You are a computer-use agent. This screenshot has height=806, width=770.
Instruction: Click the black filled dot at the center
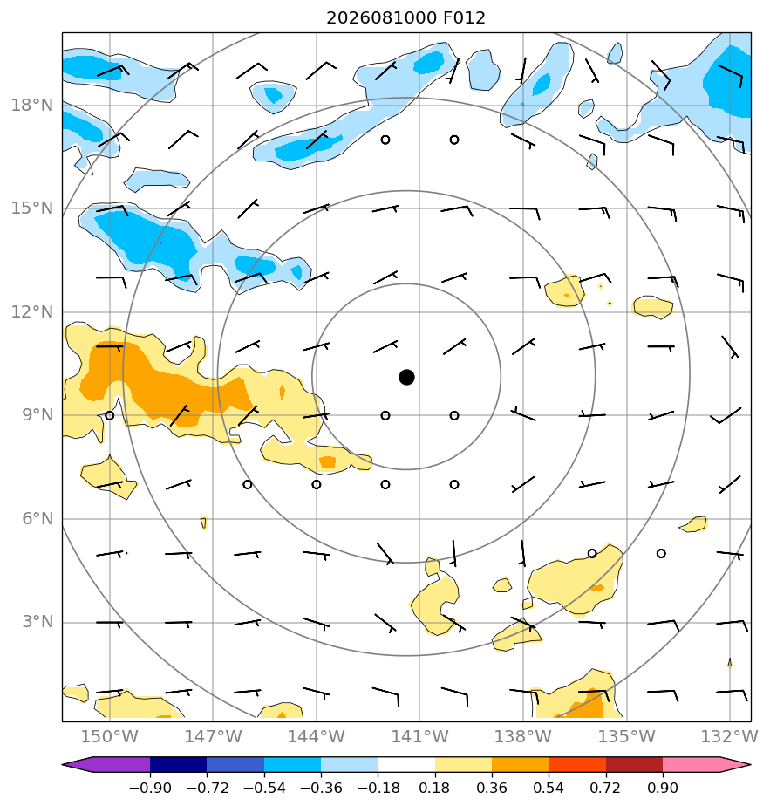(x=406, y=377)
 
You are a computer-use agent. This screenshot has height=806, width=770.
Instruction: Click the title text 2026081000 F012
(x=405, y=18)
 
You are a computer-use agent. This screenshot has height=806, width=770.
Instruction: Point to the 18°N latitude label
(x=32, y=106)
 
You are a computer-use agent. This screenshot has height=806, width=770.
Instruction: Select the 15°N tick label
(x=32, y=208)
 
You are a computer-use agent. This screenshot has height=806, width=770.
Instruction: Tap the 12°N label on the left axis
(x=32, y=312)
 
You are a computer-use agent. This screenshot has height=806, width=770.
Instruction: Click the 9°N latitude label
(x=37, y=415)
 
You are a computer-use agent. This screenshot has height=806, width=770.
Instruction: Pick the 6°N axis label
(x=37, y=519)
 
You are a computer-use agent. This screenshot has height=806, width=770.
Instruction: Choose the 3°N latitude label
(x=37, y=622)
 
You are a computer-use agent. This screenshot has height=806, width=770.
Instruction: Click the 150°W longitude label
(x=110, y=736)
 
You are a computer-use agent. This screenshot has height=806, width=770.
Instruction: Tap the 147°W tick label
(x=213, y=736)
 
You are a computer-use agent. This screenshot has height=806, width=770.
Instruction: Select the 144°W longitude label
(x=317, y=736)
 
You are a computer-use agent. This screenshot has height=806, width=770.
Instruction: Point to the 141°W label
(x=419, y=736)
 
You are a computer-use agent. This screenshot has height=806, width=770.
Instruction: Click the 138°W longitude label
(x=522, y=736)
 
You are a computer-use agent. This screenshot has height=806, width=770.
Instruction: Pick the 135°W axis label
(x=627, y=736)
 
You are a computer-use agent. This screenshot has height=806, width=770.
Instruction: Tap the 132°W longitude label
(x=730, y=736)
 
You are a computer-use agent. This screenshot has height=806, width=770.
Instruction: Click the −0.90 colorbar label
(x=150, y=788)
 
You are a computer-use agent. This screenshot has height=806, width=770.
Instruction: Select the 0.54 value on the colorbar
(x=549, y=788)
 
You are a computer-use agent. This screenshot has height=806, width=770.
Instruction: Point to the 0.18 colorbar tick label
(x=435, y=788)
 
